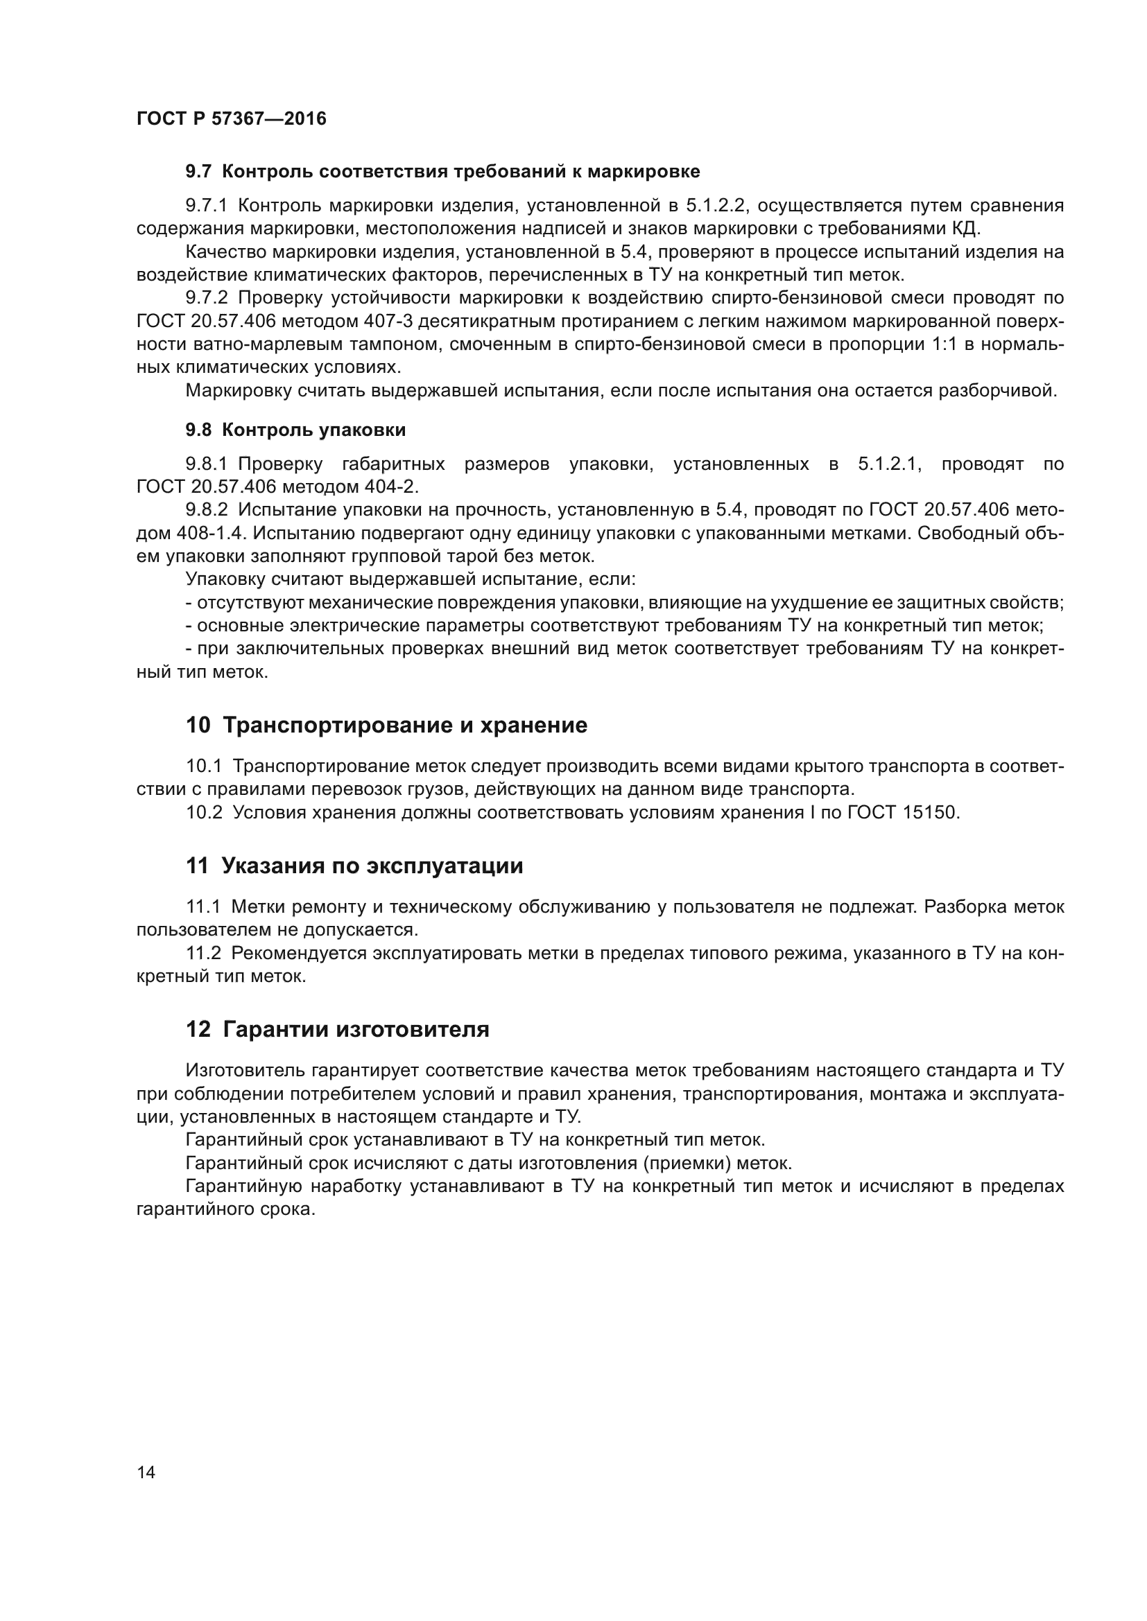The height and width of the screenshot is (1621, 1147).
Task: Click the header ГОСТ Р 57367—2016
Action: [231, 119]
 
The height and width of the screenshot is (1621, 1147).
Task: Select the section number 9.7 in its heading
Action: [198, 172]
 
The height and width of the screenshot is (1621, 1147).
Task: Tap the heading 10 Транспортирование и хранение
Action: [386, 725]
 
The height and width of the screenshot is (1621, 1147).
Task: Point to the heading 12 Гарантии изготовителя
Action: [337, 1029]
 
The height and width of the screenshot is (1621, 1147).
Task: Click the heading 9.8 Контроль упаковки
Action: [295, 430]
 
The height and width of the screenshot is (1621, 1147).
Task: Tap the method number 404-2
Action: [391, 487]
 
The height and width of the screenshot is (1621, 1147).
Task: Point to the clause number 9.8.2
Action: [207, 510]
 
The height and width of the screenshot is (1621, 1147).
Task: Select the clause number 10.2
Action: [204, 813]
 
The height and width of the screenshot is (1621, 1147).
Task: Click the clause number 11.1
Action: [203, 906]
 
